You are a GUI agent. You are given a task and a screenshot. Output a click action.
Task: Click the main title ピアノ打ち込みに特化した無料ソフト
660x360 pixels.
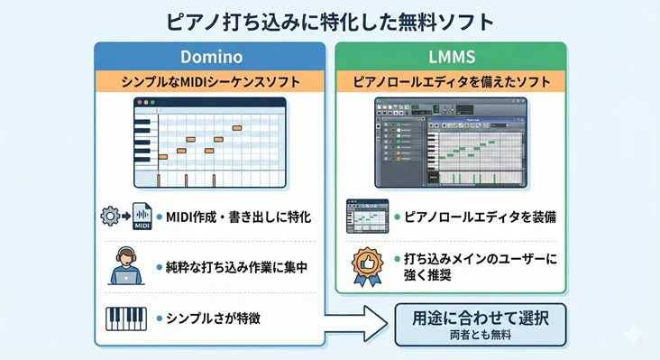330,19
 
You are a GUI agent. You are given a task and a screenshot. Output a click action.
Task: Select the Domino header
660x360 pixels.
210,55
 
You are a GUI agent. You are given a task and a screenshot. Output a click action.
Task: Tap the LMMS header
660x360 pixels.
451,55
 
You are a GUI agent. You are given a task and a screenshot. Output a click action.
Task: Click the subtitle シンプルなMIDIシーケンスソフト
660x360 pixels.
210,82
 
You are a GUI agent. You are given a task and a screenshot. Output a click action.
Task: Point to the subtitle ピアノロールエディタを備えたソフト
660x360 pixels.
451,82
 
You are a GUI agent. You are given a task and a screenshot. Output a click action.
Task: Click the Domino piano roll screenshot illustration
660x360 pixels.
209,143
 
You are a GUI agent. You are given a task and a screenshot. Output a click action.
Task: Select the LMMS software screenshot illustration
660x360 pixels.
451,143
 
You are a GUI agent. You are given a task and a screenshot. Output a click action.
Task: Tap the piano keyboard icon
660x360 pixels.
126,318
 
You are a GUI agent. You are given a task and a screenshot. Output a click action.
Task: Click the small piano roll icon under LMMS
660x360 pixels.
367,217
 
